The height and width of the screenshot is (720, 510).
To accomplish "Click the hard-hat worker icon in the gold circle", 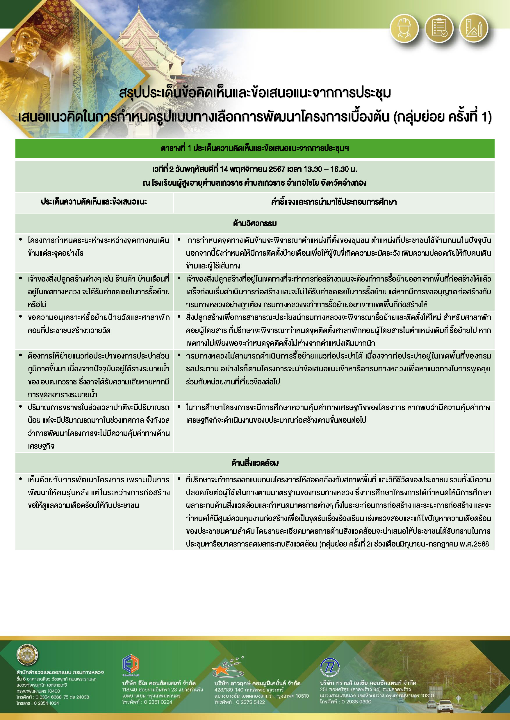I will (x=404, y=28).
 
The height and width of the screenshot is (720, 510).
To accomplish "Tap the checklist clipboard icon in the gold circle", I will (x=439, y=28).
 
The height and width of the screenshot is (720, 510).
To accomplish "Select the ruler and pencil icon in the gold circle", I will (x=474, y=28).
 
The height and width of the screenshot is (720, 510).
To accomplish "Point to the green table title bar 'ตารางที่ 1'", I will (x=255, y=148).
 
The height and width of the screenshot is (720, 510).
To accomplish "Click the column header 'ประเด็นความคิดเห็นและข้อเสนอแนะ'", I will (x=94, y=202).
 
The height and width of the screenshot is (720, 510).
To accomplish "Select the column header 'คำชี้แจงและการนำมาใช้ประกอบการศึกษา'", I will (x=334, y=202).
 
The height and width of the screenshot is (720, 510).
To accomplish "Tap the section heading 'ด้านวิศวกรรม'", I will (x=255, y=223).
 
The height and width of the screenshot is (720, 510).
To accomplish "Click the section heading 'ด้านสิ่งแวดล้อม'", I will (x=255, y=463).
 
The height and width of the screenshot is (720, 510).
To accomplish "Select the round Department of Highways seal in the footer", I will (x=27, y=655).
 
